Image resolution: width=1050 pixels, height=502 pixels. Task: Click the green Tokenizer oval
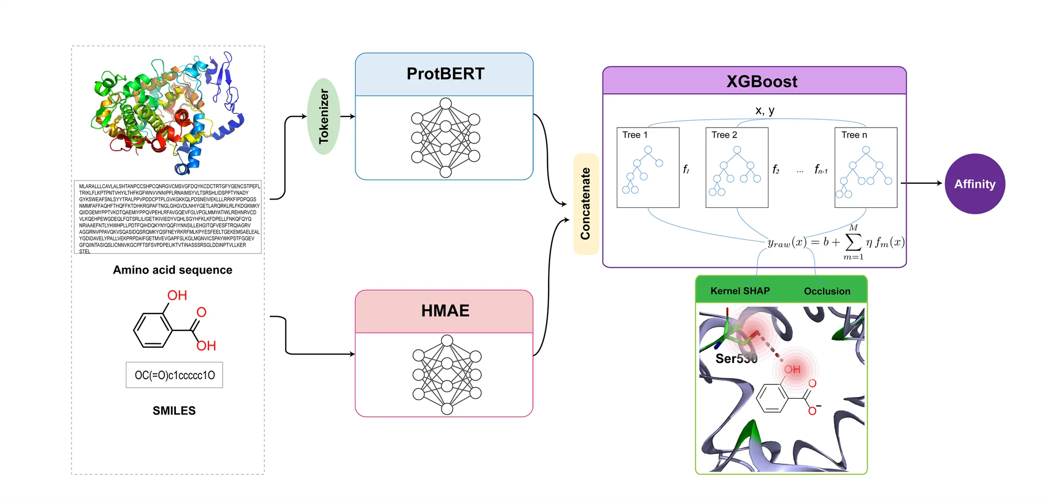[x=323, y=116]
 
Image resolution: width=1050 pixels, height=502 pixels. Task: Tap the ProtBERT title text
[x=445, y=74]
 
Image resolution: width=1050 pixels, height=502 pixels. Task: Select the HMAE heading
[x=445, y=310]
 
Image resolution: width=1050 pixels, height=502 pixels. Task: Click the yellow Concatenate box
[x=585, y=204]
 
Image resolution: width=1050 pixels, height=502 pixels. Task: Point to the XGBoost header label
[x=761, y=81]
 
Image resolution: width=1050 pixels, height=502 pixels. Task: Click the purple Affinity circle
[x=974, y=184]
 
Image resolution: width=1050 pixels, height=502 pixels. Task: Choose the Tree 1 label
[x=635, y=135]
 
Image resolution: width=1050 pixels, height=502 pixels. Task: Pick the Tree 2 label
[x=724, y=135]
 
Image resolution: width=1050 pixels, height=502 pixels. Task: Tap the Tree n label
[x=854, y=135]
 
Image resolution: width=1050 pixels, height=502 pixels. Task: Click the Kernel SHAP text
[x=740, y=291]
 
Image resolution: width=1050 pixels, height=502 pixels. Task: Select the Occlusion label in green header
[x=827, y=291]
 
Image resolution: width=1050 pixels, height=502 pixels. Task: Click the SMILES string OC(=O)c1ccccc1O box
[x=174, y=375]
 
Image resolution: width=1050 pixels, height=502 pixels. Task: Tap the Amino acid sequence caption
[x=172, y=270]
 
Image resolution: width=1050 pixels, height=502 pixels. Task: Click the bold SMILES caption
[x=174, y=411]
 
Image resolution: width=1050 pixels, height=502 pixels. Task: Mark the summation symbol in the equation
[x=853, y=242]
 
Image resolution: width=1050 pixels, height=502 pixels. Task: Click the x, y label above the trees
[x=764, y=110]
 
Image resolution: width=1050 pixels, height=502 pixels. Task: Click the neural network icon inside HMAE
[x=447, y=375]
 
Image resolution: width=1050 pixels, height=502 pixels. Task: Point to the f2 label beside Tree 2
[x=775, y=169]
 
